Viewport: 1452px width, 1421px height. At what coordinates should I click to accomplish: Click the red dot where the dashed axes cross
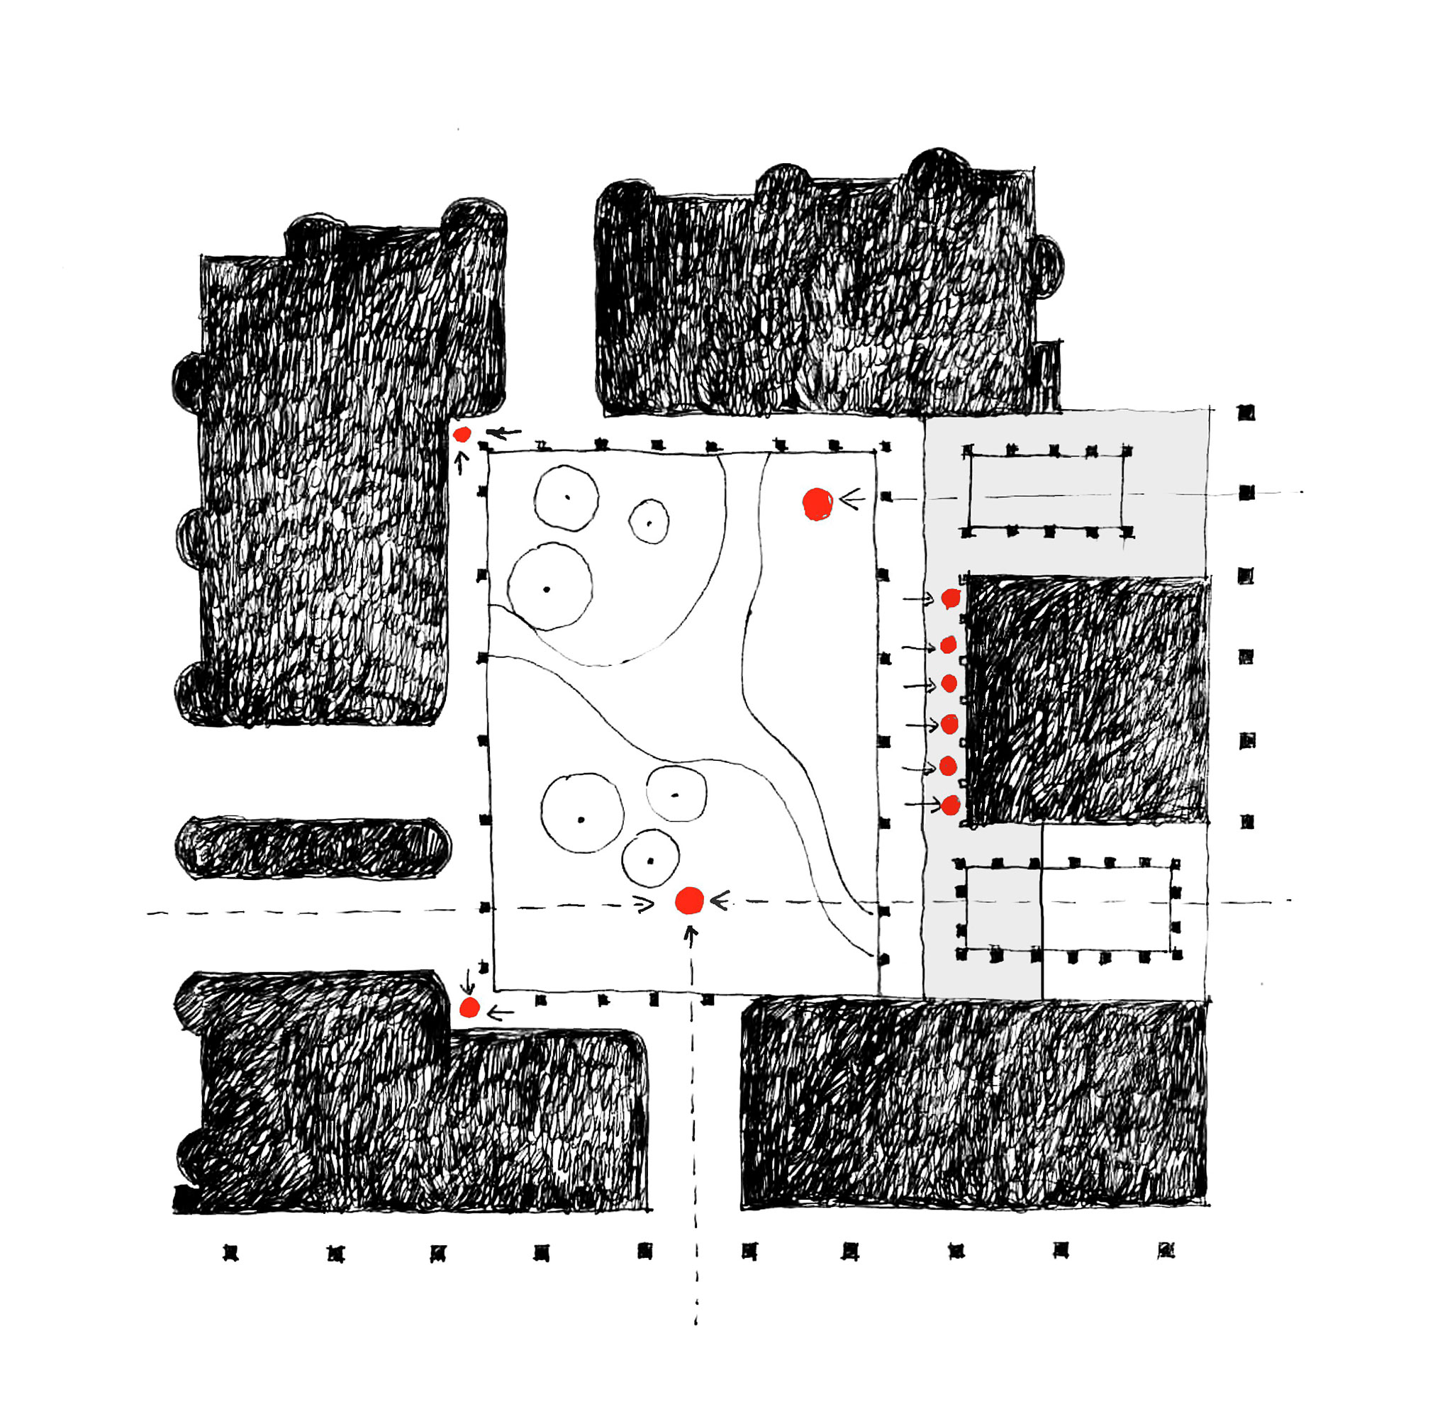(689, 901)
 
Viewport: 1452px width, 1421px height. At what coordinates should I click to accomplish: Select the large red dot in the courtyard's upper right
(817, 505)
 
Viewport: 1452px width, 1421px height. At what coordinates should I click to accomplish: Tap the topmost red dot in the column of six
(951, 598)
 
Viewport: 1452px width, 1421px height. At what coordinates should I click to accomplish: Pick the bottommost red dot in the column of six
(950, 806)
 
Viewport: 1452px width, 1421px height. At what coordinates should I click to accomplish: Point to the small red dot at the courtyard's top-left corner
(462, 435)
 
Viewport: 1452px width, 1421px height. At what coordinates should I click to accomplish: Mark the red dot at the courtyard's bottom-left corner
(469, 1008)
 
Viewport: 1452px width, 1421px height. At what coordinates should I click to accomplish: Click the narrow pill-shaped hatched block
(313, 847)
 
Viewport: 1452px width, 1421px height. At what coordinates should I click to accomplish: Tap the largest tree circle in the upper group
(550, 586)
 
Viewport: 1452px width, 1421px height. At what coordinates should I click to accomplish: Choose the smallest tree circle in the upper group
(649, 522)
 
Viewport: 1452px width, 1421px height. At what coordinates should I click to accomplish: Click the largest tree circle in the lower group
(582, 813)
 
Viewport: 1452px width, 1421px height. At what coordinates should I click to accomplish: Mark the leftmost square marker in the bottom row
(231, 1253)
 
